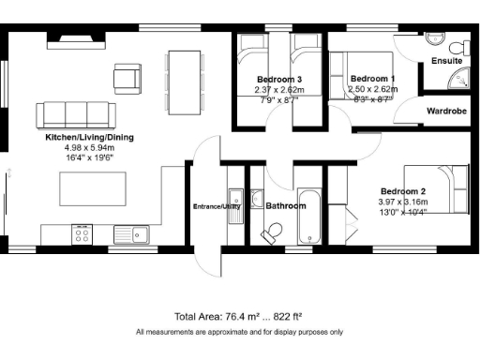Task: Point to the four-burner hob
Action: tap(82, 233)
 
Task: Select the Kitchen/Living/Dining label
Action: tap(90, 138)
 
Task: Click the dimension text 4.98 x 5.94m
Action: tap(89, 148)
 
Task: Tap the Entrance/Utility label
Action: tap(217, 206)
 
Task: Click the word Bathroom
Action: tap(285, 205)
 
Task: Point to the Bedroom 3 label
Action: tap(278, 79)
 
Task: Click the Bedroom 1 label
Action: tap(372, 79)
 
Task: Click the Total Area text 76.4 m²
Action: tap(238, 317)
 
